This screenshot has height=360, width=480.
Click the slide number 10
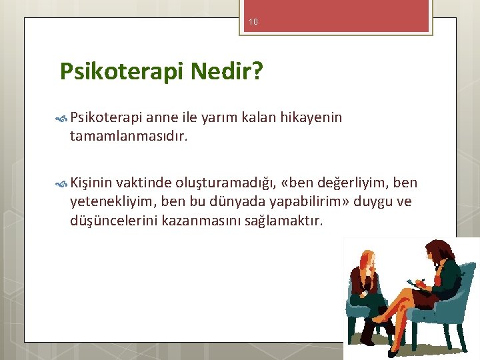pos(253,22)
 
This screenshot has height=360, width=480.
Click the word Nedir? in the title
pos(227,71)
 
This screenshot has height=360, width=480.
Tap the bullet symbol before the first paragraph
pos(61,119)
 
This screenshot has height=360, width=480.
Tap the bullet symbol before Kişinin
pos(61,184)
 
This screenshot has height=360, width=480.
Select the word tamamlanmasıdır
pos(129,136)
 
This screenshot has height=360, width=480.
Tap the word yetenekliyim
pos(113,202)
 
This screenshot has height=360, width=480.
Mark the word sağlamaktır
pos(283,221)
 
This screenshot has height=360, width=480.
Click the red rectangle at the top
pos(336,15)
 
